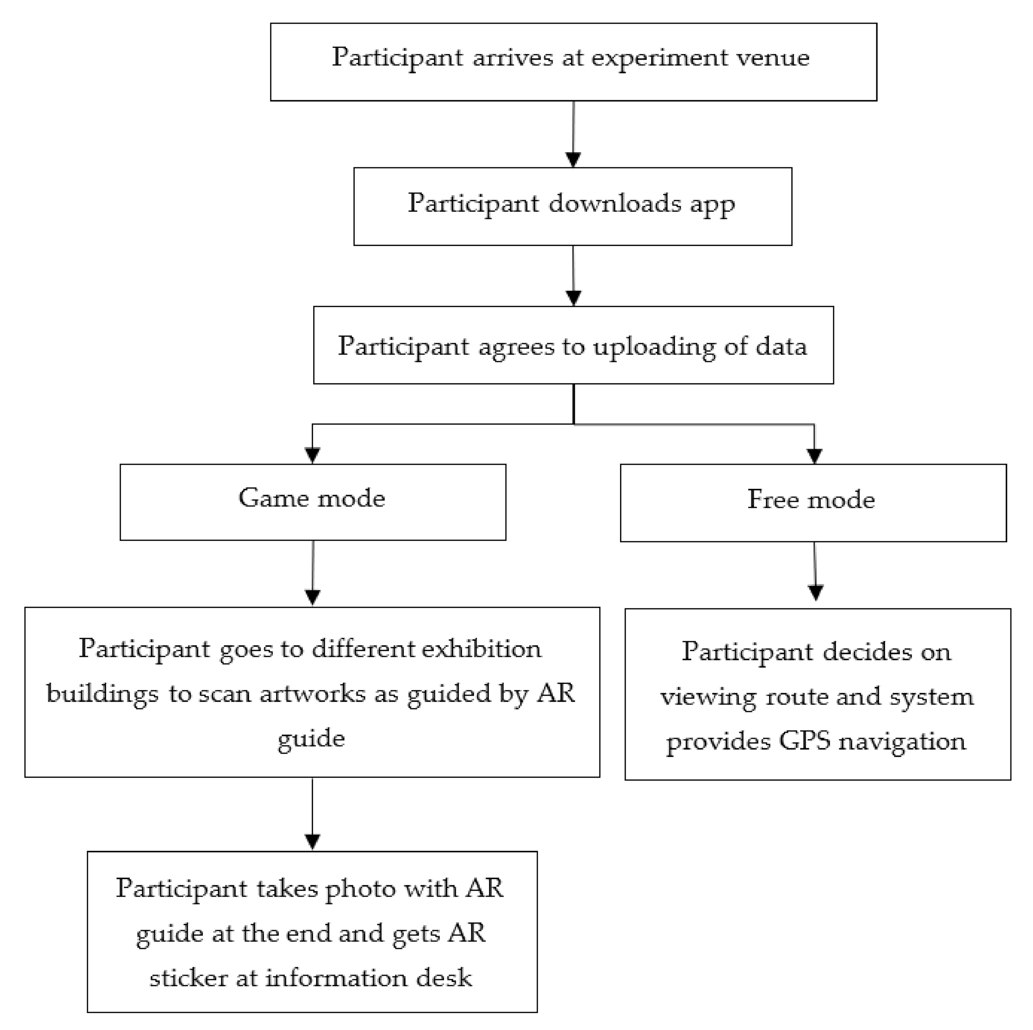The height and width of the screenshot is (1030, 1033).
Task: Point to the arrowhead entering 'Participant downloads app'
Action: click(573, 160)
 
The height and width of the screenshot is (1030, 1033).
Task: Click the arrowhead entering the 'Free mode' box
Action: click(814, 456)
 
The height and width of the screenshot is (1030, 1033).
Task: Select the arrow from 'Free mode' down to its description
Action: click(815, 571)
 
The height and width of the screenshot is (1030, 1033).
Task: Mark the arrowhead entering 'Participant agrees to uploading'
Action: click(573, 298)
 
